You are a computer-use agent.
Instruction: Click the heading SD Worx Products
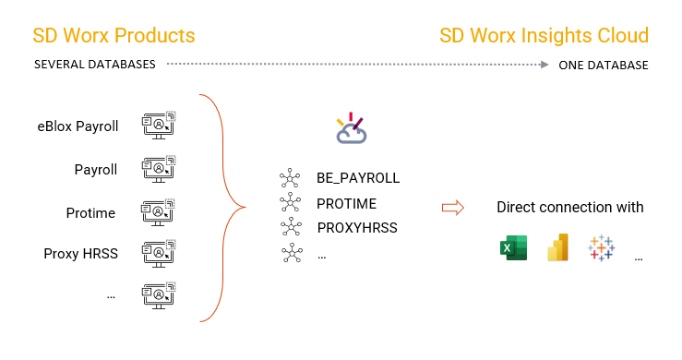[114, 36]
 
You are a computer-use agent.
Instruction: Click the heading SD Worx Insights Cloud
[544, 36]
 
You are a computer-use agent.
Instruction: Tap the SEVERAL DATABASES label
[94, 66]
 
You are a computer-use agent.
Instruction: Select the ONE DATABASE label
[603, 66]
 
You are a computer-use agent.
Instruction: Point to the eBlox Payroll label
[78, 126]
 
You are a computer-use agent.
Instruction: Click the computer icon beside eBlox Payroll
[158, 126]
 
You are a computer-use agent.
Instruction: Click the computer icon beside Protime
[158, 211]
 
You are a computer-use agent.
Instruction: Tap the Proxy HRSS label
[81, 253]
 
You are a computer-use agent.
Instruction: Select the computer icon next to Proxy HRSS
[158, 253]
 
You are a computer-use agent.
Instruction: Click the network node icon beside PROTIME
[291, 203]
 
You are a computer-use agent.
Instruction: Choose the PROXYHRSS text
[357, 227]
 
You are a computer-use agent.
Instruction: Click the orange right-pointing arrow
[452, 207]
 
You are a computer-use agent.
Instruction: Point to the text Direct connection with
[570, 207]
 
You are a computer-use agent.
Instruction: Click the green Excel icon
[512, 247]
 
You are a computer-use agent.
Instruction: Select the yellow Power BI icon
[557, 247]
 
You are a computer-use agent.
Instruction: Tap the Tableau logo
[601, 247]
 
